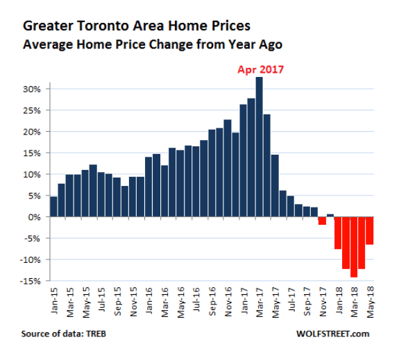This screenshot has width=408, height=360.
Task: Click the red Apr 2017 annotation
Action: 260,69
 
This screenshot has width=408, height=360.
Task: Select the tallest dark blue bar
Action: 260,147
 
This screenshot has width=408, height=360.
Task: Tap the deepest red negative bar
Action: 354,247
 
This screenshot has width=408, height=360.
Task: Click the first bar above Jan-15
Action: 53,207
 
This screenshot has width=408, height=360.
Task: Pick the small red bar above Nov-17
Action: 323,221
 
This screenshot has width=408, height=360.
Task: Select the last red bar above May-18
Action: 370,230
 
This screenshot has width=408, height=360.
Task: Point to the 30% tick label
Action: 32,89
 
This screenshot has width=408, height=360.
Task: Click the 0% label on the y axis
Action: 35,217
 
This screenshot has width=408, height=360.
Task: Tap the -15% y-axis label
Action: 31,281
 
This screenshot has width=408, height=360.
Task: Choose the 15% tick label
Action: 32,153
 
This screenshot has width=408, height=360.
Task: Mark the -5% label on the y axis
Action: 33,239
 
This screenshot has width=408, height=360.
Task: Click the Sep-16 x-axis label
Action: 212,301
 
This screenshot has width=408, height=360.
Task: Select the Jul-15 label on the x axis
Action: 102,300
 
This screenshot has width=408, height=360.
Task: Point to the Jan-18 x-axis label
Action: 339,300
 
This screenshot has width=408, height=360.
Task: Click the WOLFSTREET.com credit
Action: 333,334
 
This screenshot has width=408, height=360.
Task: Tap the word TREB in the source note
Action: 96,334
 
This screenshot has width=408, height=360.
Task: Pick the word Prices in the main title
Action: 230,26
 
